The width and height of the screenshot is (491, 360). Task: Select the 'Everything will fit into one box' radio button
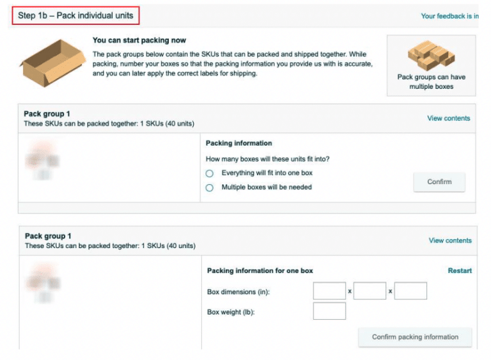coord(209,173)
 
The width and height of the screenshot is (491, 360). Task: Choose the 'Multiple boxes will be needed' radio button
coord(209,188)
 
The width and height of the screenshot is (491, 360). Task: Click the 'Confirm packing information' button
coord(415,337)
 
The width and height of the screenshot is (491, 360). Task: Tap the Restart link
coord(460,270)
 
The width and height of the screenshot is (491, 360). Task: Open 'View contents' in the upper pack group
coord(448,118)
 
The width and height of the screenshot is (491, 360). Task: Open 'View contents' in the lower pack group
coord(450,240)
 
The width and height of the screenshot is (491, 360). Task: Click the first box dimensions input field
coord(329,291)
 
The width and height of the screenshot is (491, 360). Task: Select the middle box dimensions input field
coord(370,291)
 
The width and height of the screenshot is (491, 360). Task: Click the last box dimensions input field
coord(410,291)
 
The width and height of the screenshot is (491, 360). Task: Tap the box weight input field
coord(329,311)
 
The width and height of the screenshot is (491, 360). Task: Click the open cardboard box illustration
coord(52,62)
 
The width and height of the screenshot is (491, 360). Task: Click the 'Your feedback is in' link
coord(449,16)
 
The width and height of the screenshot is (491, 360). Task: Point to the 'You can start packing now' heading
coord(139,40)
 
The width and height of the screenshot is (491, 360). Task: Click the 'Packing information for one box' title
coord(260,271)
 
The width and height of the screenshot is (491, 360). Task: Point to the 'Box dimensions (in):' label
coord(238,292)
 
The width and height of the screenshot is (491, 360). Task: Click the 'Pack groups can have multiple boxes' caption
coord(431,82)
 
